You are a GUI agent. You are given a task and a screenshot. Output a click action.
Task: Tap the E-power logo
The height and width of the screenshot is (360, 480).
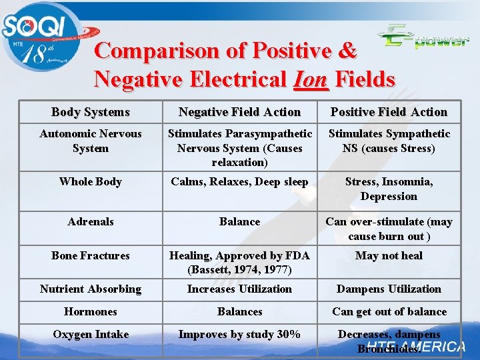pyautogui.click(x=423, y=37)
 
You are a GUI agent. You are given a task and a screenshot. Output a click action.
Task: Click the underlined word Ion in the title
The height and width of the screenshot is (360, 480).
pyautogui.click(x=310, y=79)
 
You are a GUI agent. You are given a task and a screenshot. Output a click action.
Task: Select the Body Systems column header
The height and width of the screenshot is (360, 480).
pyautogui.click(x=90, y=112)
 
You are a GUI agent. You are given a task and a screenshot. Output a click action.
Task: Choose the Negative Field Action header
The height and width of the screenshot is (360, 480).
pyautogui.click(x=239, y=112)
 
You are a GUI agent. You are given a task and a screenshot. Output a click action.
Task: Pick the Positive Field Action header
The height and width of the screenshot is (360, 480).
pyautogui.click(x=389, y=112)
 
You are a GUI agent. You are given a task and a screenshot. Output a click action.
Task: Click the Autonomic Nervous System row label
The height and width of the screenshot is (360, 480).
pyautogui.click(x=90, y=141)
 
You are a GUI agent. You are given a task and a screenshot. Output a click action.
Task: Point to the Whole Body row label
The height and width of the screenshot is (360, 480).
pyautogui.click(x=90, y=181)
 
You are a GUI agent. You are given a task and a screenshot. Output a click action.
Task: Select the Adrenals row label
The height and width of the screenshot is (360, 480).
pyautogui.click(x=90, y=221)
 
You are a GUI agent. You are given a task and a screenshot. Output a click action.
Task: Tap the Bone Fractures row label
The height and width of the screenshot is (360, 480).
pyautogui.click(x=90, y=255)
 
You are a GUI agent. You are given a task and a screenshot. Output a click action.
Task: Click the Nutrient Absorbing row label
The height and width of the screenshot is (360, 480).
pyautogui.click(x=90, y=289)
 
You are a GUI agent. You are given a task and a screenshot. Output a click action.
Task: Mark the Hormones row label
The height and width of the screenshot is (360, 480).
pyautogui.click(x=90, y=311)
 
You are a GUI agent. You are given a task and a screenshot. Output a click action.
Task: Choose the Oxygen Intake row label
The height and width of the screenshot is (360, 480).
pyautogui.click(x=90, y=334)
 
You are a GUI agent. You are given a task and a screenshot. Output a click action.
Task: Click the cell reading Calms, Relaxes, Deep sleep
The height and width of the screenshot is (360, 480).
pyautogui.click(x=239, y=181)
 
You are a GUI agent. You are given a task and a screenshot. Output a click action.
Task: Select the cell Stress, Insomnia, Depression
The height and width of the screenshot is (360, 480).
pyautogui.click(x=389, y=189)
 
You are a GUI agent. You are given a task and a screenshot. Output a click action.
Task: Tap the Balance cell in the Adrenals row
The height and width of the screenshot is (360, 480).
pyautogui.click(x=239, y=221)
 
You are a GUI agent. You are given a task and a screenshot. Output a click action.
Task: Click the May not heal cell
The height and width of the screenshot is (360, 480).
pyautogui.click(x=389, y=255)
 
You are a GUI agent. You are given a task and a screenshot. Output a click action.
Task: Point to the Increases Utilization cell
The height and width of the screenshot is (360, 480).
pyautogui.click(x=239, y=289)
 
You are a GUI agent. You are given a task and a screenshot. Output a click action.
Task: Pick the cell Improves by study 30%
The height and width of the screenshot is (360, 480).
pyautogui.click(x=239, y=334)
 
